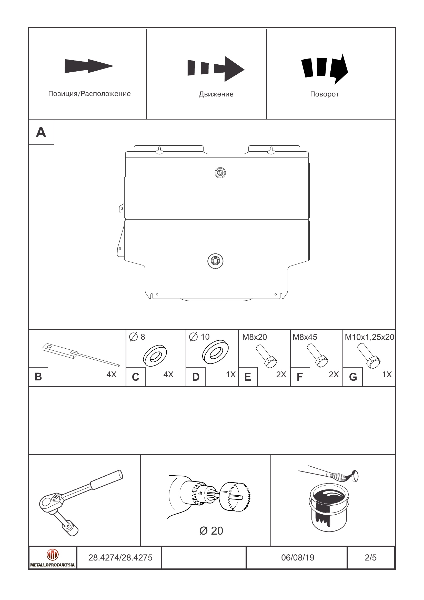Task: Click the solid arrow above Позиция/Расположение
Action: (x=89, y=66)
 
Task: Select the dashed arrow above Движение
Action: (x=216, y=69)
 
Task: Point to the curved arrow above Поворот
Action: (x=325, y=68)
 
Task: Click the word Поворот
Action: (x=324, y=94)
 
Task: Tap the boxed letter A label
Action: (x=41, y=132)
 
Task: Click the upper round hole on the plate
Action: (x=220, y=173)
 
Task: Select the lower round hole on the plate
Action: (x=215, y=261)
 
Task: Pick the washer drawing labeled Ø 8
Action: (x=155, y=356)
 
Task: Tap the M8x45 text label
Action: (x=305, y=337)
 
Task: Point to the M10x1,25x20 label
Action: (x=369, y=337)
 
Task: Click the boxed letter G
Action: (x=353, y=377)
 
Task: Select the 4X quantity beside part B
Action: (x=111, y=375)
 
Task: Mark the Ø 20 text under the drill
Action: (x=211, y=531)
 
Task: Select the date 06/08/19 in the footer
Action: (x=298, y=557)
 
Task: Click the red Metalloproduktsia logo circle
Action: (x=53, y=554)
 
